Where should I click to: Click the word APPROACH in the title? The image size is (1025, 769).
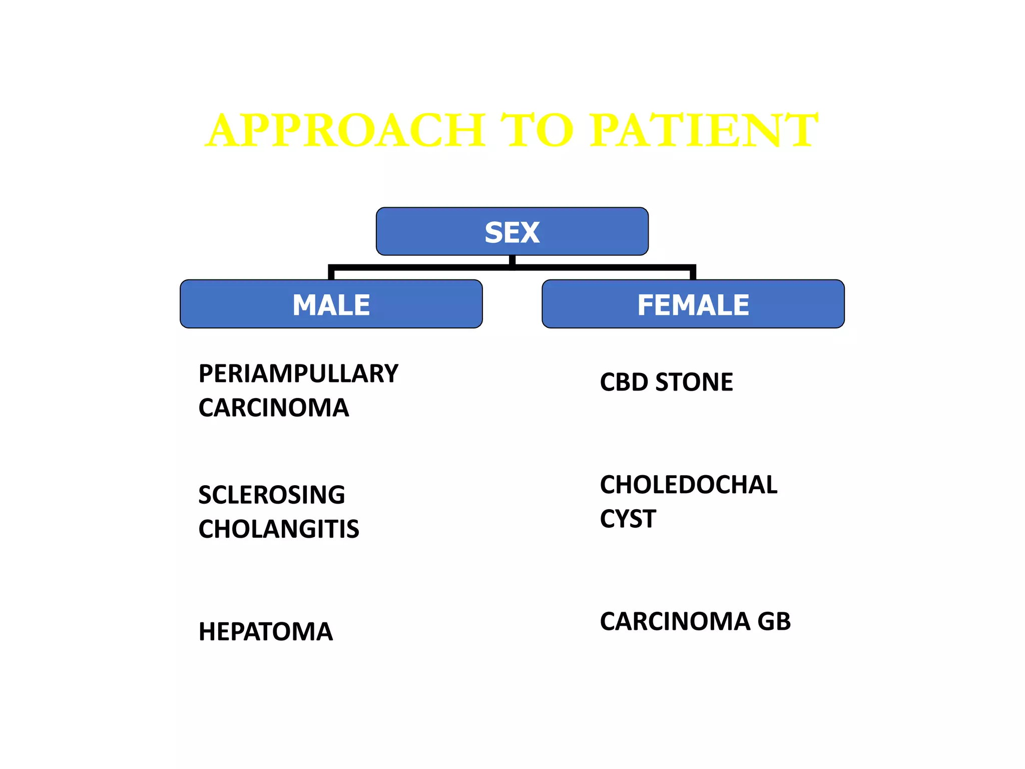[345, 130]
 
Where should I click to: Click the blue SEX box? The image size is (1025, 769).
[512, 232]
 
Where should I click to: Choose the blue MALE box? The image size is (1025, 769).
[331, 304]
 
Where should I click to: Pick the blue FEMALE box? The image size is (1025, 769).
[693, 304]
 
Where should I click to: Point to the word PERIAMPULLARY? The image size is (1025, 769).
[298, 373]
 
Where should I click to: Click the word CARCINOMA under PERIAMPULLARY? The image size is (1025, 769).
[273, 408]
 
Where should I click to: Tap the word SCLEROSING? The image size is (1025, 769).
[271, 495]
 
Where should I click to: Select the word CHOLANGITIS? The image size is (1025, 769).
[279, 529]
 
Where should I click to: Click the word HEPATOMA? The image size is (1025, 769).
[265, 632]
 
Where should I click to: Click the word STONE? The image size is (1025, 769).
[694, 382]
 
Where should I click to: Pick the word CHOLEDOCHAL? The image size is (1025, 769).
[689, 485]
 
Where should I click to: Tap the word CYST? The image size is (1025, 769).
[628, 519]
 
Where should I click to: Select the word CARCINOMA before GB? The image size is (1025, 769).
[675, 621]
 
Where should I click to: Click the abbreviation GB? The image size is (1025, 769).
[774, 621]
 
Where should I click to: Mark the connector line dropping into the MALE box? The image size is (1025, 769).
[331, 273]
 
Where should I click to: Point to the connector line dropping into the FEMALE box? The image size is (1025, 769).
[693, 273]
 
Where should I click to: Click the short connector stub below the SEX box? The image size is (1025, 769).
[512, 260]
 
